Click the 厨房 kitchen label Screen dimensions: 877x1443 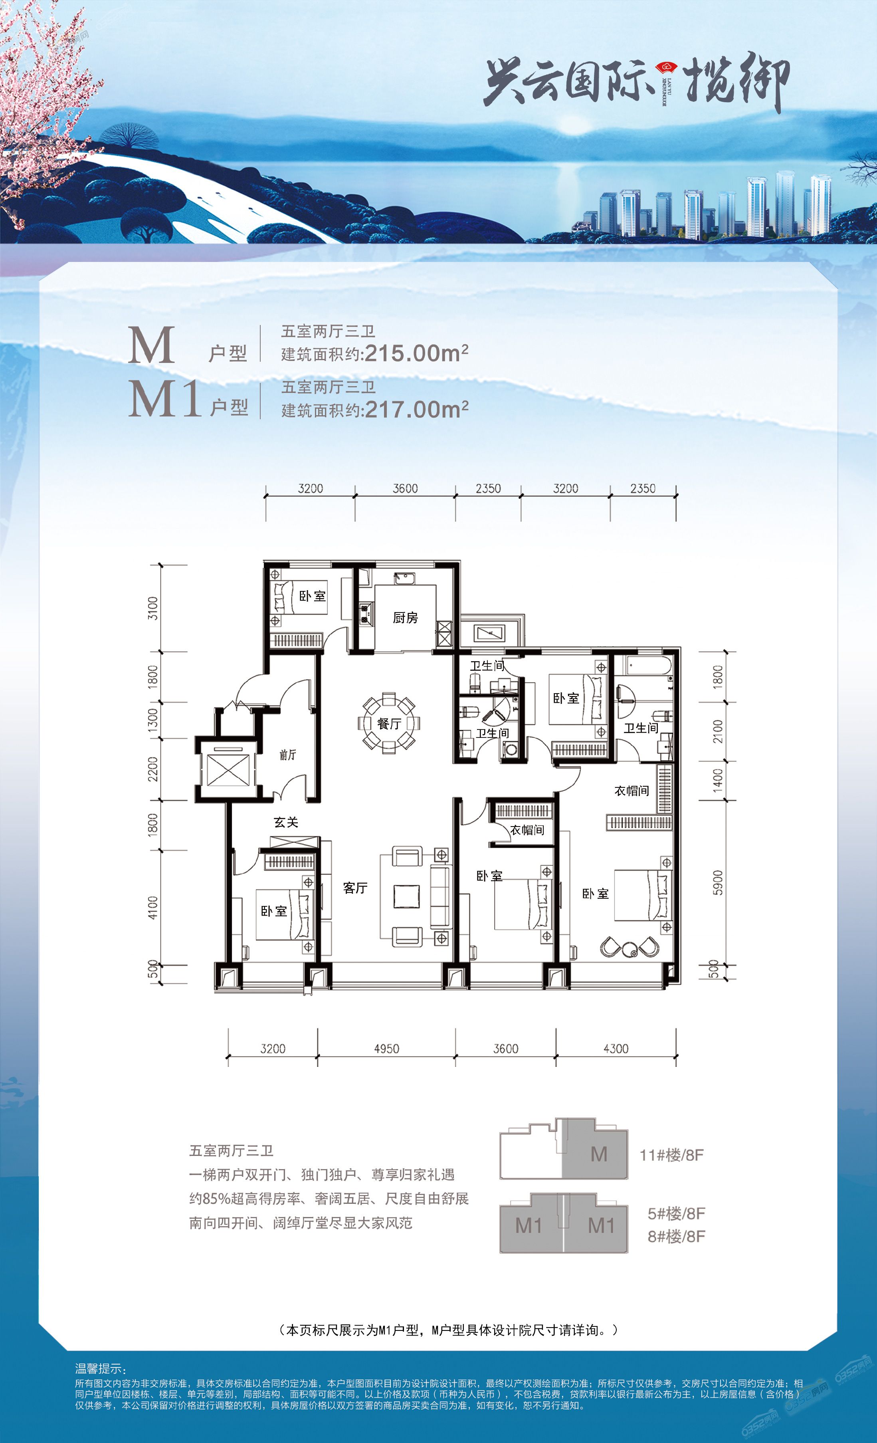tap(405, 618)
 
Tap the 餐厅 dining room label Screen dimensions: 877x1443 tap(389, 724)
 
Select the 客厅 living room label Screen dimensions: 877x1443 tap(355, 888)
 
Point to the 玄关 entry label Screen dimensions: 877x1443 tap(286, 822)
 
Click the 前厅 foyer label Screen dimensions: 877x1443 tap(287, 755)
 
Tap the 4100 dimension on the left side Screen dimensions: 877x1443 tap(153, 908)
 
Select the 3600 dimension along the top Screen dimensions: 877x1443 tap(405, 488)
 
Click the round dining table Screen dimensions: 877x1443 tap(389, 723)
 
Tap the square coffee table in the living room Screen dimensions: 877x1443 tap(406, 896)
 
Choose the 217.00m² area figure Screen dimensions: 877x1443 tap(416, 409)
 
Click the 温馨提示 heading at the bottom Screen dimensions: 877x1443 tap(100, 1369)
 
